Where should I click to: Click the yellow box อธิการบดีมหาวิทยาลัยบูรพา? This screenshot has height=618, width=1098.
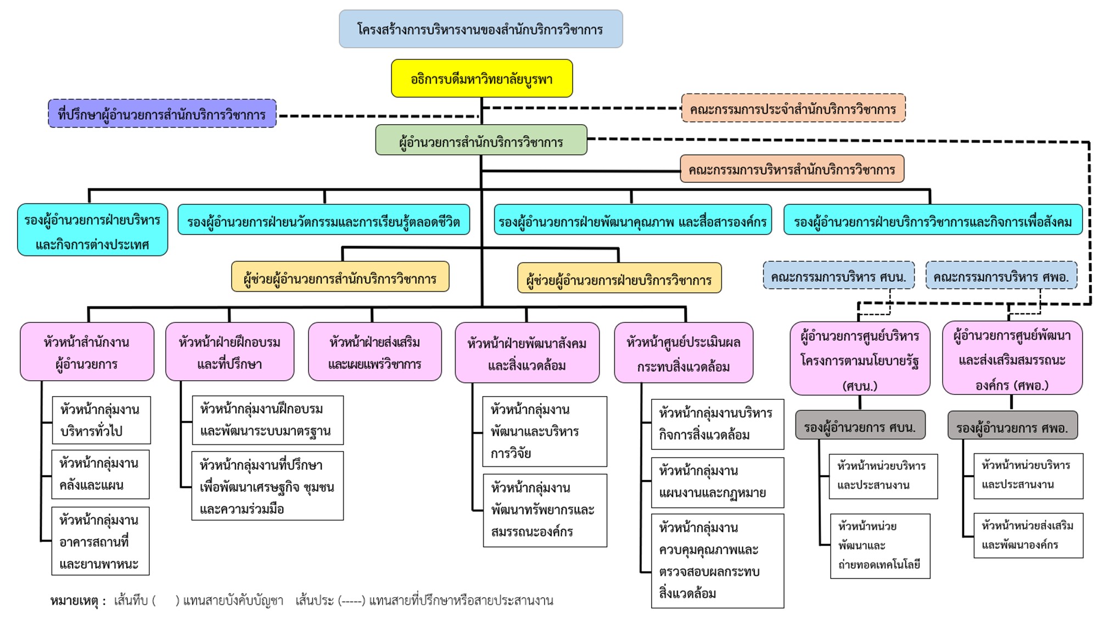481,79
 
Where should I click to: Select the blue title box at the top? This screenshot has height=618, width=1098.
480,29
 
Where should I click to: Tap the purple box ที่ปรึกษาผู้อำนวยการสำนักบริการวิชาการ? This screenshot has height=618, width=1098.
162,114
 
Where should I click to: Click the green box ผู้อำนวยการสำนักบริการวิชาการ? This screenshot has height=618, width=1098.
481,141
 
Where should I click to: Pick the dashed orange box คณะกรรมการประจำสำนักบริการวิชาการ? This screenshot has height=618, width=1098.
793,109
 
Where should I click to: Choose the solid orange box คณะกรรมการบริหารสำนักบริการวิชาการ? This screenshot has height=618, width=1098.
792,169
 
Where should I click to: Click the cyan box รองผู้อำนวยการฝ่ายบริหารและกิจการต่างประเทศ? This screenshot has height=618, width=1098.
92,231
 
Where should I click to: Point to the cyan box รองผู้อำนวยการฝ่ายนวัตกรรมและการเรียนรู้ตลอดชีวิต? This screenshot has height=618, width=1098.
323,221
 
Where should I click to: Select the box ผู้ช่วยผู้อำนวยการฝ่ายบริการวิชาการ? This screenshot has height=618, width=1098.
619,279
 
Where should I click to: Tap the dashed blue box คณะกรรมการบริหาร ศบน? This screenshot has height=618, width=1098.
838,276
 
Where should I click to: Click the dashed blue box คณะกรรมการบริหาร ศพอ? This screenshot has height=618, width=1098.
1001,276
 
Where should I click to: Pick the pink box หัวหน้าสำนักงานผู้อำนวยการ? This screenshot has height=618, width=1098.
87,352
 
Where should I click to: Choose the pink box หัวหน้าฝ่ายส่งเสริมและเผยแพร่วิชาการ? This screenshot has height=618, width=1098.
374,352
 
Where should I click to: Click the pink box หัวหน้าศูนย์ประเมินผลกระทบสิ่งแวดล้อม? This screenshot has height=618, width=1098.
683,353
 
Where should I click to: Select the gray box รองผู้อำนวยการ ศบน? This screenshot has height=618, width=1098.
860,426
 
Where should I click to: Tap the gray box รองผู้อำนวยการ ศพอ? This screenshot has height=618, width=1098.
1012,426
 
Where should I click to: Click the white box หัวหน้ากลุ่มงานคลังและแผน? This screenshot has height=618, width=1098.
100,474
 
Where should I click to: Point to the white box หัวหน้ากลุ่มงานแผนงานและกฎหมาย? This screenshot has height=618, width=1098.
717,482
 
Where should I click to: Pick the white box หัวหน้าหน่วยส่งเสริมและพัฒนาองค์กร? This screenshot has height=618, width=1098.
1028,535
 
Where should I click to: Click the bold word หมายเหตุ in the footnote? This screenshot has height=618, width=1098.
74,600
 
